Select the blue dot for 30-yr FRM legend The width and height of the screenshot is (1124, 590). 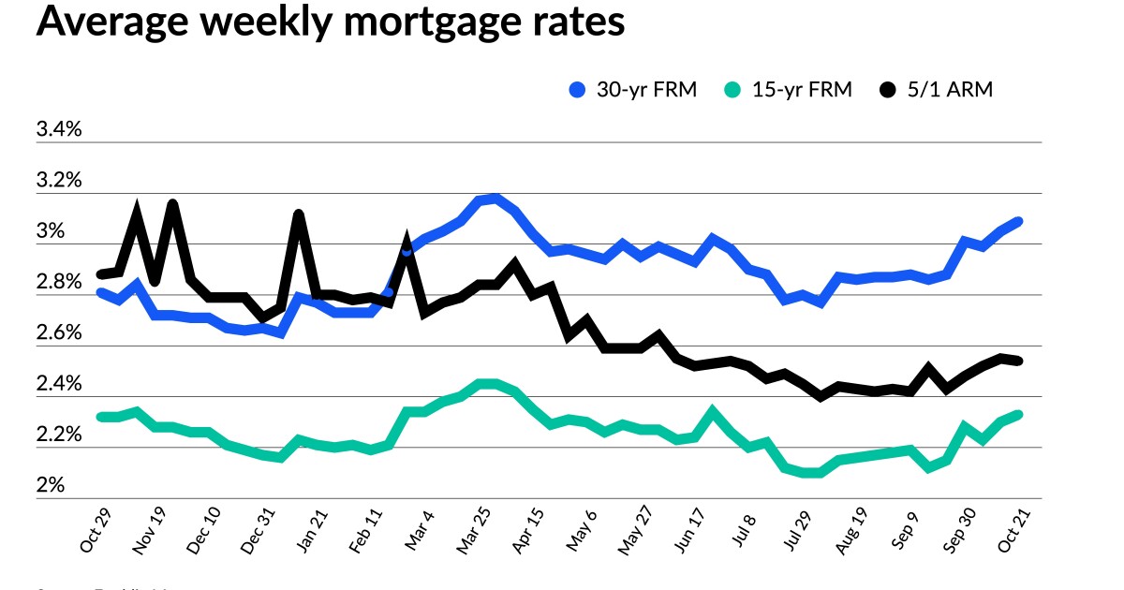click(578, 90)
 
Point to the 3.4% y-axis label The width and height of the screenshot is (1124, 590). click(59, 130)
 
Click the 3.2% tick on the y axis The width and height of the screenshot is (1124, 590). click(59, 181)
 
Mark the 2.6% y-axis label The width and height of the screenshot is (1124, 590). click(59, 333)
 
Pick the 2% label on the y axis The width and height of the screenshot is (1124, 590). click(51, 486)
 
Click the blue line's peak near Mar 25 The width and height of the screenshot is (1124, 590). click(495, 198)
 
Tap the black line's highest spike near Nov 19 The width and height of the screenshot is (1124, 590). click(172, 203)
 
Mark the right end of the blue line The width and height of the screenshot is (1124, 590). click(1018, 221)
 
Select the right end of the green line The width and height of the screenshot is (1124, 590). click(1018, 414)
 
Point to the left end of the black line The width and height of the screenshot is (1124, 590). click(100, 274)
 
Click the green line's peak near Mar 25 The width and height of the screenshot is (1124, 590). click(487, 383)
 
